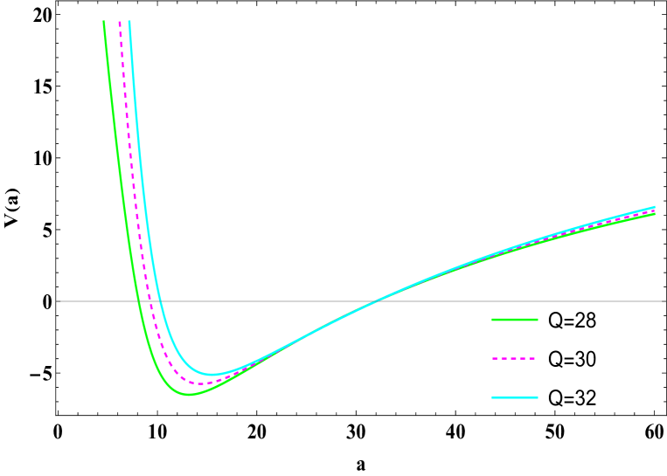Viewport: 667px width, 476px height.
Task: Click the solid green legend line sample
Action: pos(514,320)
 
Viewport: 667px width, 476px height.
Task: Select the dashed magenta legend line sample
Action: pos(514,359)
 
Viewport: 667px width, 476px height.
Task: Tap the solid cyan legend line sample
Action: pos(514,398)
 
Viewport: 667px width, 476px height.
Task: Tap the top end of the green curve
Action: pos(104,21)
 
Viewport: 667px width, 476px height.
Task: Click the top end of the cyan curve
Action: pos(129,21)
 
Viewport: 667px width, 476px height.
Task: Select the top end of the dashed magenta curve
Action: pos(120,21)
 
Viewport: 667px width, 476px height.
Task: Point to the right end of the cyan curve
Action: pos(655,207)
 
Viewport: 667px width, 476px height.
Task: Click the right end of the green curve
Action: pos(655,214)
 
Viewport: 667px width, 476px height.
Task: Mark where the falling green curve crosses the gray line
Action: pos(138,301)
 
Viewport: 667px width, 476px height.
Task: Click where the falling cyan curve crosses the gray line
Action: pos(156,301)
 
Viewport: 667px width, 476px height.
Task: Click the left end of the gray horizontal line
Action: pos(58,301)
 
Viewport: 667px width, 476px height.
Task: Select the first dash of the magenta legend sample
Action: pos(495,359)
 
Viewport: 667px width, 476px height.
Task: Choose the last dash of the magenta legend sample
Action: pos(532,359)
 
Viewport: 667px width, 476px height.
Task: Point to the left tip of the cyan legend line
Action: pos(492,398)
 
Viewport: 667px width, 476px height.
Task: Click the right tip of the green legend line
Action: pos(538,320)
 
